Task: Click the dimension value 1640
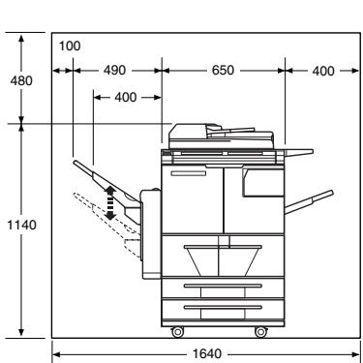coord(207,353)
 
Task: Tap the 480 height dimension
coord(21,80)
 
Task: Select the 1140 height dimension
coord(22,225)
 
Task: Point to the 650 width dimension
coord(223,70)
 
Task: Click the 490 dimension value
coord(114,70)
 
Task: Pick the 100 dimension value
coord(70,45)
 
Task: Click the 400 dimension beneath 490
coord(126,97)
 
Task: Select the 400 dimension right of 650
coord(323,71)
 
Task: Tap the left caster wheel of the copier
coord(177,332)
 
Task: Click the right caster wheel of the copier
coord(260,332)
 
